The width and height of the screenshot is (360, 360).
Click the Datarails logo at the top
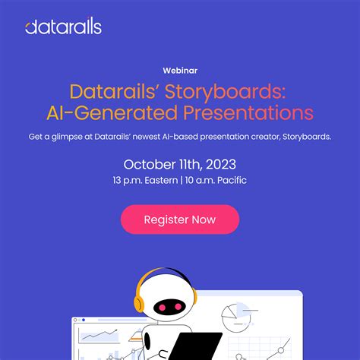click(63, 28)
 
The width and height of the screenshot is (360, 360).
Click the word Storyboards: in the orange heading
click(239, 92)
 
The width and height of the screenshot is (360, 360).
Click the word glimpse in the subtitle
click(80, 137)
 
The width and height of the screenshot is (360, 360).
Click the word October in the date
click(149, 164)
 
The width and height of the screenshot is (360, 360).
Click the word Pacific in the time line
click(231, 181)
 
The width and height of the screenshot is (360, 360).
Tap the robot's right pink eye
click(185, 306)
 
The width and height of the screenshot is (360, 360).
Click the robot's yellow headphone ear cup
click(139, 302)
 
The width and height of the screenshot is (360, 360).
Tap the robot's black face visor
click(174, 307)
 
